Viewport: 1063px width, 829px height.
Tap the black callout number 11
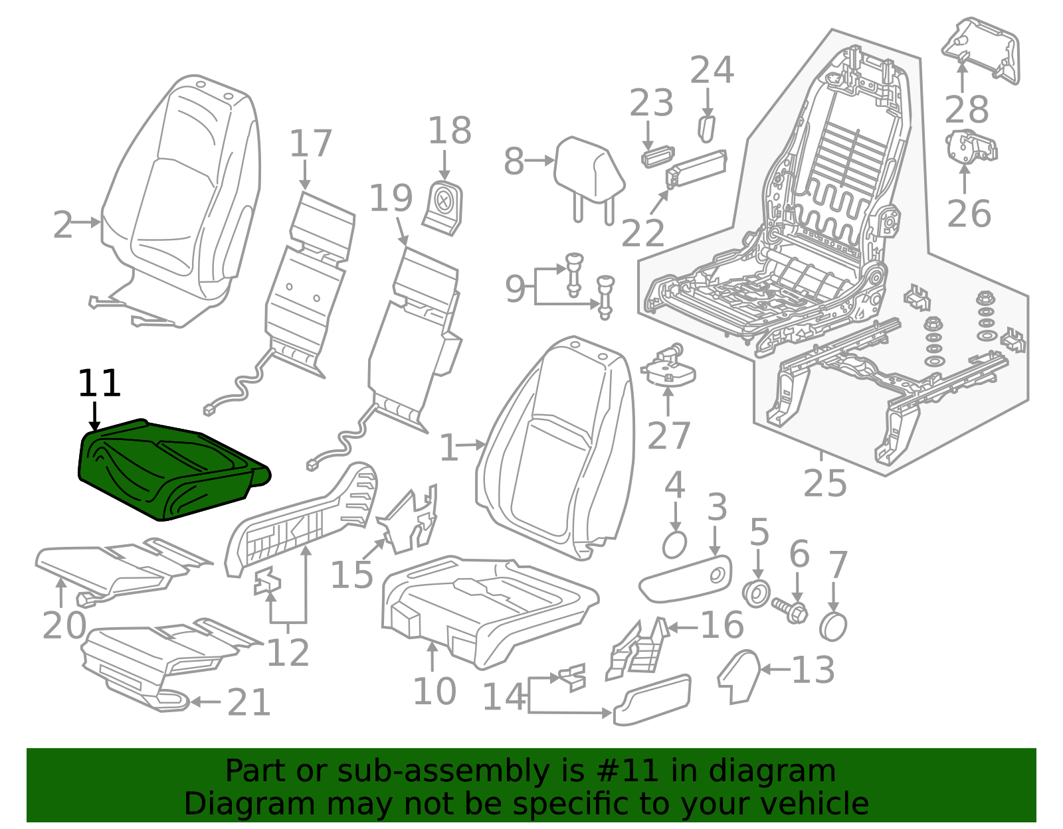(x=100, y=384)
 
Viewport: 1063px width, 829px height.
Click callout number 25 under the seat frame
(x=824, y=483)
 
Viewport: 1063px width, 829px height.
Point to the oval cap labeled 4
(x=674, y=545)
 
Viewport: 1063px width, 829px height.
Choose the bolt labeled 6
(x=791, y=608)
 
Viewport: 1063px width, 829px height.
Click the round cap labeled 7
(x=833, y=626)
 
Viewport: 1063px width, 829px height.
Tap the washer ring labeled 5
(x=757, y=593)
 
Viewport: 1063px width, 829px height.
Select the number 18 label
(x=449, y=130)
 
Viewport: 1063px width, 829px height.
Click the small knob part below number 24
(x=706, y=127)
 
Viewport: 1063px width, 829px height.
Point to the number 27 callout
(x=668, y=435)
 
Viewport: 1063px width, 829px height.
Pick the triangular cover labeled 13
(x=739, y=675)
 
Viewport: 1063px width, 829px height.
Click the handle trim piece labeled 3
(x=684, y=579)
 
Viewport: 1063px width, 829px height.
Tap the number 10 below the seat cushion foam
(x=435, y=691)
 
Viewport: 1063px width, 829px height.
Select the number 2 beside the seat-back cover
(x=63, y=225)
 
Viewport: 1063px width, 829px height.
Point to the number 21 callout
(x=249, y=702)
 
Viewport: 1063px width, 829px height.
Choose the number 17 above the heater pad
(x=310, y=144)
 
